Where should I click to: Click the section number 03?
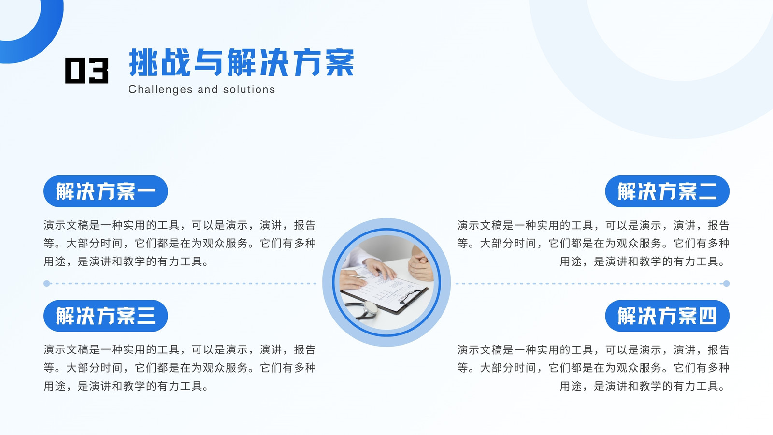coord(86,71)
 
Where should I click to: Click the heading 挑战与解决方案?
coord(242,62)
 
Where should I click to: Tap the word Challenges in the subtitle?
coord(160,90)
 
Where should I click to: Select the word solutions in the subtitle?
coord(249,89)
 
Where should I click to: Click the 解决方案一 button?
coord(106,191)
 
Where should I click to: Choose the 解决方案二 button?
coord(667,191)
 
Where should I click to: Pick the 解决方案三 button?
coord(106,316)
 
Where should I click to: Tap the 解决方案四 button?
coord(667,316)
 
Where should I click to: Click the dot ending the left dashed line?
coord(47,283)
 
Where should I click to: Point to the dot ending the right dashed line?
coord(727,283)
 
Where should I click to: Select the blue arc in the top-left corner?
coord(48,38)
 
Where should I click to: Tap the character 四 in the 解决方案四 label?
coord(708,316)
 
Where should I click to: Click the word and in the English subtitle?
coord(208,89)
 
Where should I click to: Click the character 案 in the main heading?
coord(340,62)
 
